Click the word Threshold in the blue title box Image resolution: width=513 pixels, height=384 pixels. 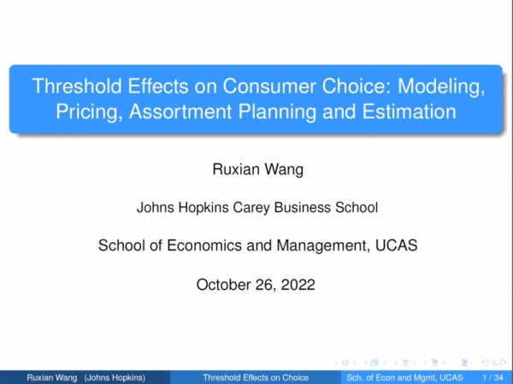click(x=77, y=86)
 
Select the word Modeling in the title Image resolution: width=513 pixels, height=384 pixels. click(x=441, y=87)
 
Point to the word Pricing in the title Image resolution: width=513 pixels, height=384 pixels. click(x=89, y=112)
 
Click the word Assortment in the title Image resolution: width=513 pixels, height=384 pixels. click(x=180, y=112)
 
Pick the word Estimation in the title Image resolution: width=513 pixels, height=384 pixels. click(x=409, y=112)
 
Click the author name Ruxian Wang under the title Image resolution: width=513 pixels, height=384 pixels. click(x=258, y=169)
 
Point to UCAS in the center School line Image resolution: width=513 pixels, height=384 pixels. click(x=396, y=245)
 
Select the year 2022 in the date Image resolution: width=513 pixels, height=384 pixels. click(x=298, y=285)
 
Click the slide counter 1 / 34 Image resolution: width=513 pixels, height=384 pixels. click(x=492, y=378)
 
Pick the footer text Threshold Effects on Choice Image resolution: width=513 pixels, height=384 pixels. click(x=256, y=378)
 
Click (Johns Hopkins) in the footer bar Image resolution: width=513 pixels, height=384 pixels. click(x=115, y=378)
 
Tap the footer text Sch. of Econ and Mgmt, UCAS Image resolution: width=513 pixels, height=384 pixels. click(x=404, y=378)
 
